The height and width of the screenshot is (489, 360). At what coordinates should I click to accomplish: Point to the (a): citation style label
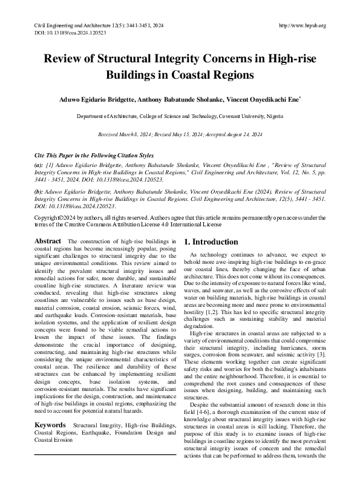[x=39, y=164]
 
